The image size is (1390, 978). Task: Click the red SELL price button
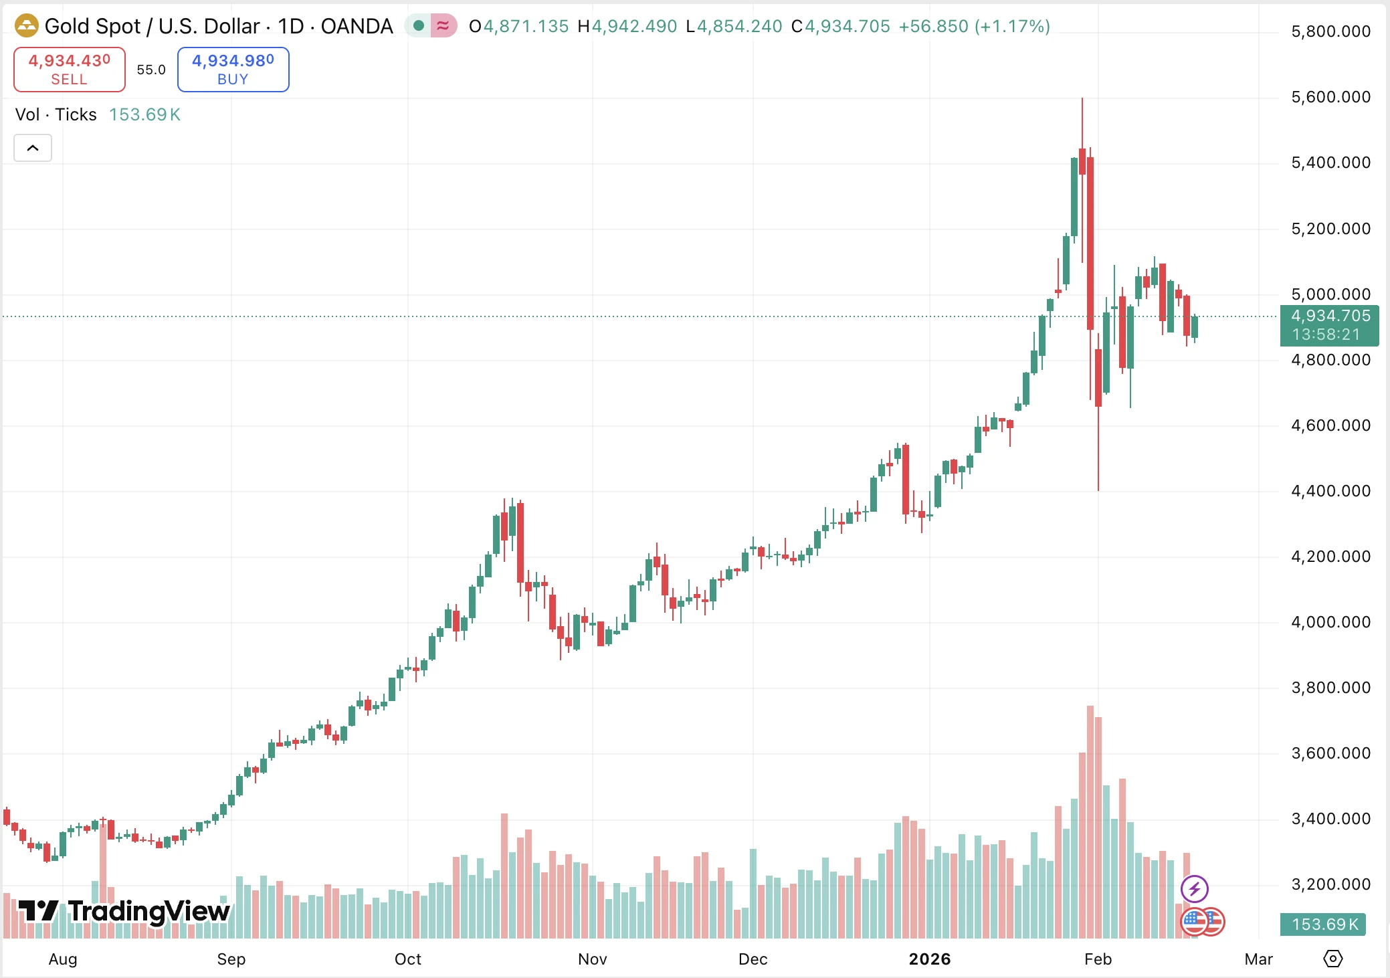pyautogui.click(x=70, y=69)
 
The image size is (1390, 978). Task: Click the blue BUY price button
pyautogui.click(x=233, y=69)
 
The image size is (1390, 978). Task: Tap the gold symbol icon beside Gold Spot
pyautogui.click(x=27, y=26)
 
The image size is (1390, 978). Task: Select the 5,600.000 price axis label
pyautogui.click(x=1330, y=97)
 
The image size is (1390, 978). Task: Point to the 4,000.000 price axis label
pyautogui.click(x=1330, y=622)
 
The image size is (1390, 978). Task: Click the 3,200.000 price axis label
pyautogui.click(x=1330, y=884)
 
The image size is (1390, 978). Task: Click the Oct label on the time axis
pyautogui.click(x=407, y=959)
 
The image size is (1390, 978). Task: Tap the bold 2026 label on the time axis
pyautogui.click(x=929, y=959)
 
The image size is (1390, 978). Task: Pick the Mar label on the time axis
pyautogui.click(x=1258, y=959)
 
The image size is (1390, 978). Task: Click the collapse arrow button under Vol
pyautogui.click(x=33, y=148)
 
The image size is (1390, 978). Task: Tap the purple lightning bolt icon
pyautogui.click(x=1194, y=889)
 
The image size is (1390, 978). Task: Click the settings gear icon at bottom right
pyautogui.click(x=1332, y=959)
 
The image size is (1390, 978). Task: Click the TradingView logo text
pyautogui.click(x=124, y=911)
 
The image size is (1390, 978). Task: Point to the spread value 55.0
pyautogui.click(x=151, y=70)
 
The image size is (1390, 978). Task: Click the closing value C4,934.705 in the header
pyautogui.click(x=840, y=26)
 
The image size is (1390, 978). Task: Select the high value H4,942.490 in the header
pyautogui.click(x=627, y=26)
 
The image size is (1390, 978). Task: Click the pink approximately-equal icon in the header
pyautogui.click(x=443, y=26)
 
